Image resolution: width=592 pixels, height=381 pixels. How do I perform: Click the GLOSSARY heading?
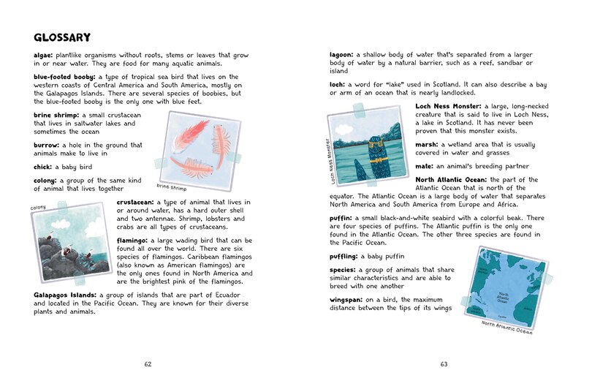click(x=62, y=37)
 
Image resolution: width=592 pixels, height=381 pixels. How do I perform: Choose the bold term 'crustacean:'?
click(x=141, y=202)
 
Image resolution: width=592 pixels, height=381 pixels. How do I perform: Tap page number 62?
click(x=148, y=363)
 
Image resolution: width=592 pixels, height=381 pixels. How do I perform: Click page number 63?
click(x=444, y=363)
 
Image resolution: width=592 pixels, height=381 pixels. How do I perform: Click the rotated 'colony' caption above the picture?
click(x=39, y=208)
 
